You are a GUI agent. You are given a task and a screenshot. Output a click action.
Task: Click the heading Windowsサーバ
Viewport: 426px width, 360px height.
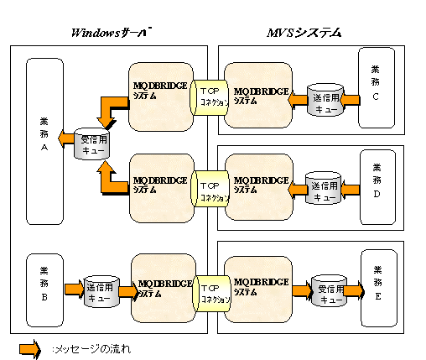[112, 33]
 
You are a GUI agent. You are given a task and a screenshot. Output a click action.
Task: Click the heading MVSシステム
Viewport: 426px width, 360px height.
[304, 33]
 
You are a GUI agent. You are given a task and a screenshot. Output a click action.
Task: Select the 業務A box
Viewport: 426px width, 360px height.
[44, 141]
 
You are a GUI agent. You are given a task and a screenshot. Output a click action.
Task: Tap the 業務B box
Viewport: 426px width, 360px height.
[44, 290]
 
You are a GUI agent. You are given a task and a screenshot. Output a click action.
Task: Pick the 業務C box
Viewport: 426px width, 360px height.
[377, 87]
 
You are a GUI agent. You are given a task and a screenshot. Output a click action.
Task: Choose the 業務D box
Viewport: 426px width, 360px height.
[377, 187]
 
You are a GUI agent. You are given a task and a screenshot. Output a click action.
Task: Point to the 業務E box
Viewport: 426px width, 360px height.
[379, 288]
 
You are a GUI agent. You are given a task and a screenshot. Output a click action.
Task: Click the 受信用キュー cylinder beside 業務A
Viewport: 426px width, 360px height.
[92, 143]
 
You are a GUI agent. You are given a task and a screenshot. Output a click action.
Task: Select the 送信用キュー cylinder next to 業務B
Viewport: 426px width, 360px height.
[101, 291]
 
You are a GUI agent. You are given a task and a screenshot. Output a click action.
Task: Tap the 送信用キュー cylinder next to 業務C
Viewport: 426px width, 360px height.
[325, 100]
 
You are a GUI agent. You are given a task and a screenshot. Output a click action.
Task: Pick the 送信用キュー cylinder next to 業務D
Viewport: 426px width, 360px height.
[324, 188]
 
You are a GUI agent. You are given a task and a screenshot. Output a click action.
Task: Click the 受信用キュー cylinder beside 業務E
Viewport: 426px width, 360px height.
[330, 291]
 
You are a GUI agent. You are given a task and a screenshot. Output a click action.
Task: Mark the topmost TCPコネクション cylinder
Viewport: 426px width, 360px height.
[210, 97]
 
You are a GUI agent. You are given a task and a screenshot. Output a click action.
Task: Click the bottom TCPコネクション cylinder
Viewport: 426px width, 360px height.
[211, 294]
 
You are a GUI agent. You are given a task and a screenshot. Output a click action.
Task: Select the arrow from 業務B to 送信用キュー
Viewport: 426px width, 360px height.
[75, 290]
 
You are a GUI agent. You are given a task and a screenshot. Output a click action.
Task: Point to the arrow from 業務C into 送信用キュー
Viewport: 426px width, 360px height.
[350, 101]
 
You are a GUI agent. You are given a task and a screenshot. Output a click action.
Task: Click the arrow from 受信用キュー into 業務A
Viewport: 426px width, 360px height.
[66, 138]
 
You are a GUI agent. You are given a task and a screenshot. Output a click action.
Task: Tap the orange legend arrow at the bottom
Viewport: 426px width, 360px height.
[30, 349]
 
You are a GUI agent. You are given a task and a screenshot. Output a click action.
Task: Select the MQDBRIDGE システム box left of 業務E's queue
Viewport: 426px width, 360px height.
[258, 290]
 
